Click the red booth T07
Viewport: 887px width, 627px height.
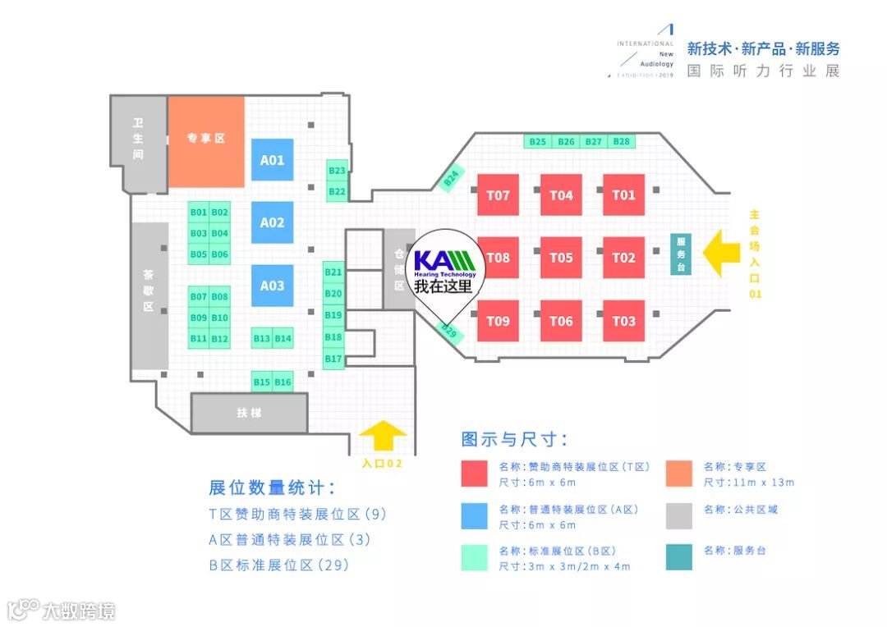(x=498, y=195)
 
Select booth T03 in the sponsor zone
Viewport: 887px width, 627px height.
(x=623, y=321)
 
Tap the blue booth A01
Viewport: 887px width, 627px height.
(x=272, y=160)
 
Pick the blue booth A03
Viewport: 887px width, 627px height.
(x=272, y=286)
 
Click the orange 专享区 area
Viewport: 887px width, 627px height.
(x=206, y=139)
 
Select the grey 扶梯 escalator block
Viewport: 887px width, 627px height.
(x=249, y=413)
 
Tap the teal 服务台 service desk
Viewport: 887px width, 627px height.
(x=680, y=254)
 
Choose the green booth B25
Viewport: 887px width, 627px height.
(x=538, y=142)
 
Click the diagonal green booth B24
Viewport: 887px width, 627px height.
(x=451, y=177)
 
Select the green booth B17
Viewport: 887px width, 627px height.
(x=333, y=359)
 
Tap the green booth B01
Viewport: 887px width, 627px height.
(x=198, y=213)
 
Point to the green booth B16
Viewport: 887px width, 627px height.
(x=283, y=382)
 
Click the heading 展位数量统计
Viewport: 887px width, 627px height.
(x=272, y=488)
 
